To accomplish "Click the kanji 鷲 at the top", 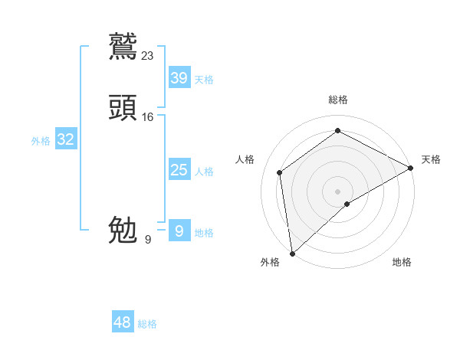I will [123, 45].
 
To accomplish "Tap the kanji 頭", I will [123, 107].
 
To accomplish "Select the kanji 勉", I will [123, 229].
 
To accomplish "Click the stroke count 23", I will [148, 55].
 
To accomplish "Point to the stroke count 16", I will [148, 117].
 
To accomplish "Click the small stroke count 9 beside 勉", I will [148, 240].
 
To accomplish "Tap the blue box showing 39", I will [179, 78].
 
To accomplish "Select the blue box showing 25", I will [179, 170].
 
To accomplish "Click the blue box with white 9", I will [179, 231].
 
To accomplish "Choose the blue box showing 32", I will [65, 139].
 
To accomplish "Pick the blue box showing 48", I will [123, 322].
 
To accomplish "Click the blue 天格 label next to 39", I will [204, 80].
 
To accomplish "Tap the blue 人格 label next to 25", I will [204, 172].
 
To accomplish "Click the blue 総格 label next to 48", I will [147, 324].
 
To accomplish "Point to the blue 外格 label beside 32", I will [41, 141].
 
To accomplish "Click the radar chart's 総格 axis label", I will [337, 100].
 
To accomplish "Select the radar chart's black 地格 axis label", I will [402, 263].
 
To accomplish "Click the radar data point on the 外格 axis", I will [292, 253].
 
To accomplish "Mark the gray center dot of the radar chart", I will [337, 191].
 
